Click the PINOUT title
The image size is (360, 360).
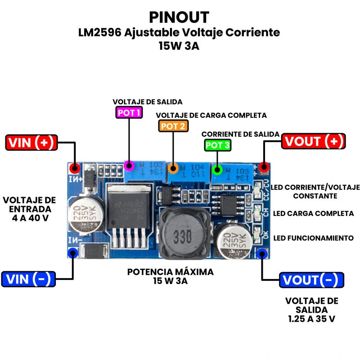click(179, 17)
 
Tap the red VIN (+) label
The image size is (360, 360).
click(31, 143)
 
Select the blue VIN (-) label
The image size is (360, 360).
click(28, 279)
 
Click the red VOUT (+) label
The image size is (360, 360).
click(314, 141)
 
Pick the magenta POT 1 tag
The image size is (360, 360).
click(129, 112)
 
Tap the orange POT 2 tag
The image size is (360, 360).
click(173, 126)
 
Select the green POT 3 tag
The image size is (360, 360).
click(218, 145)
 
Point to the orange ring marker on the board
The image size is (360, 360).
click(173, 169)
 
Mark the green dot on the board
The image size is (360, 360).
click(217, 170)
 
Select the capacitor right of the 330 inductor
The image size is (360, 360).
click(233, 242)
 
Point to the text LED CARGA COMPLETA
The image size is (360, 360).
click(314, 213)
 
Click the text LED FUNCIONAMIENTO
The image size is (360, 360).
click(314, 238)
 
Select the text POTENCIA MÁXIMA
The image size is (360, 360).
click(170, 272)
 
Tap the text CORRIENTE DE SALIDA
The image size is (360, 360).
click(240, 135)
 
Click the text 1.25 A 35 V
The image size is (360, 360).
click(311, 319)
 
